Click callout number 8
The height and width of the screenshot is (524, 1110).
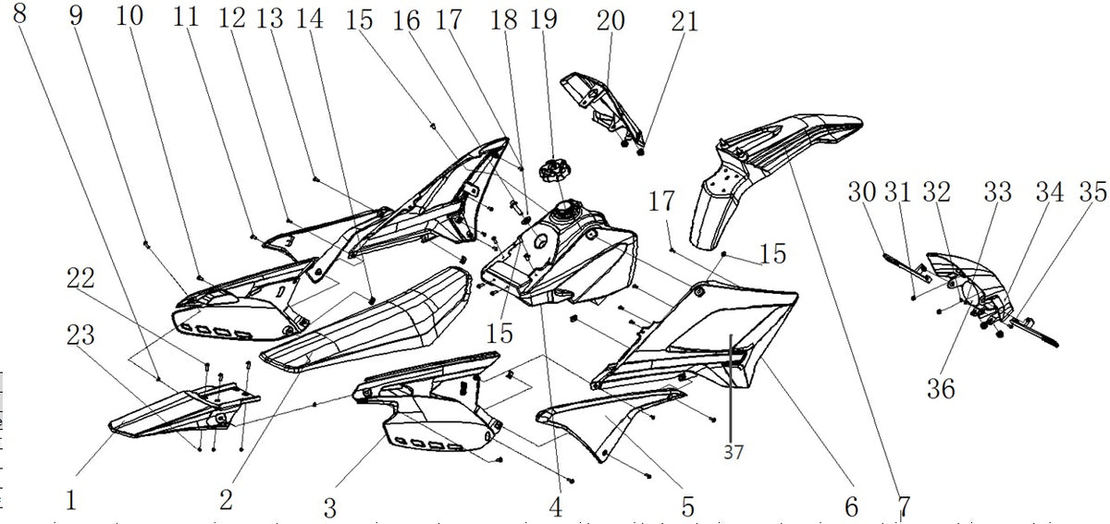pyautogui.click(x=19, y=13)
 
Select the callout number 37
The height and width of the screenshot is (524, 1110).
pyautogui.click(x=734, y=452)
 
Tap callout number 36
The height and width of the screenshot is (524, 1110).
pyautogui.click(x=941, y=389)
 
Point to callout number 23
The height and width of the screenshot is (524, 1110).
pyautogui.click(x=80, y=335)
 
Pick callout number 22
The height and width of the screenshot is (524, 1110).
pyautogui.click(x=80, y=278)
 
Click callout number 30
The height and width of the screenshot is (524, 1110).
pyautogui.click(x=862, y=191)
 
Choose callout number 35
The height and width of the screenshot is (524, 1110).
pyautogui.click(x=1093, y=191)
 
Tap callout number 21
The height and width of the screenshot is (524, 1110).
pyautogui.click(x=684, y=21)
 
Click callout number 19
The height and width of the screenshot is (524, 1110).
pyautogui.click(x=544, y=18)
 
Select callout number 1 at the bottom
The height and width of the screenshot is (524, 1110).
pyautogui.click(x=71, y=500)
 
